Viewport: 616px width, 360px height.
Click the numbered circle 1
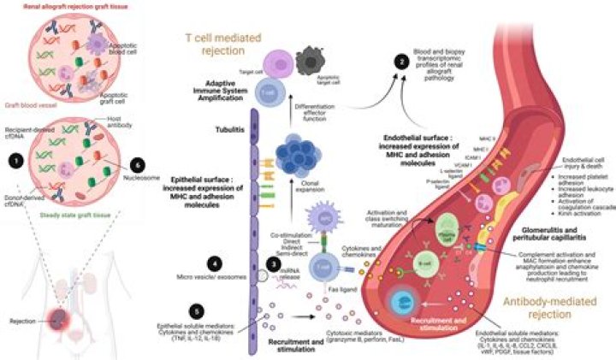(x=13, y=160)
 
